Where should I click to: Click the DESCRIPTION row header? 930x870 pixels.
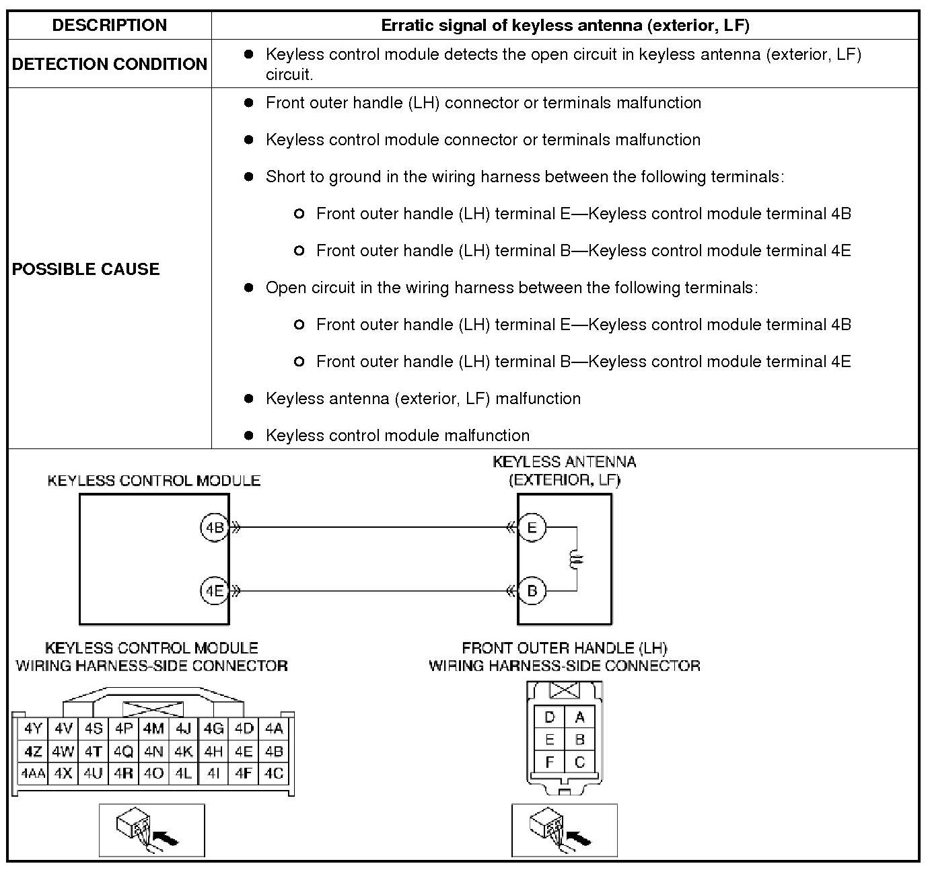pos(109,26)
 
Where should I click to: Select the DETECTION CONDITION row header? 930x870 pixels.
pos(109,64)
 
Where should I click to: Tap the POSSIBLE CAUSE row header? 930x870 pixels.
pos(86,269)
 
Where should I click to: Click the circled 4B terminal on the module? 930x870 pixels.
pos(214,528)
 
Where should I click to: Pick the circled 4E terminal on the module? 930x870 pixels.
pos(214,591)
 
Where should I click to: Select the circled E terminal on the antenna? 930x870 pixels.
pos(532,528)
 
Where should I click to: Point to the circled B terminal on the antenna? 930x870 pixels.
pos(532,591)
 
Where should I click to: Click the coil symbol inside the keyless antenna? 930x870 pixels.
pos(576,559)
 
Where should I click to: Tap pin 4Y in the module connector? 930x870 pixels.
pos(32,728)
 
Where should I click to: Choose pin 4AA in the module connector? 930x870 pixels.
pos(32,773)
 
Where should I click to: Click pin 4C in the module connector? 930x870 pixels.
pos(274,773)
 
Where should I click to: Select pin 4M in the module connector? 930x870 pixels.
pos(153,728)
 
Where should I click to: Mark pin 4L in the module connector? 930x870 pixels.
pos(183,773)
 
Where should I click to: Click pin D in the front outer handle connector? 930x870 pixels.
pos(550,717)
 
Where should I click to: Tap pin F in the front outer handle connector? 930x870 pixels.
pos(550,762)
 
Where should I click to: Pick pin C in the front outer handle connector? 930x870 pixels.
pos(579,762)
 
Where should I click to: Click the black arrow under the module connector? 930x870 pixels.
pos(166,838)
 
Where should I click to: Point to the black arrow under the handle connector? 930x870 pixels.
pos(579,838)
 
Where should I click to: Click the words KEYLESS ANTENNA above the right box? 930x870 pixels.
pos(564,462)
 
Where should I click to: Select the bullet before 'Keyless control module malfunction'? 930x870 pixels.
pos(249,436)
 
